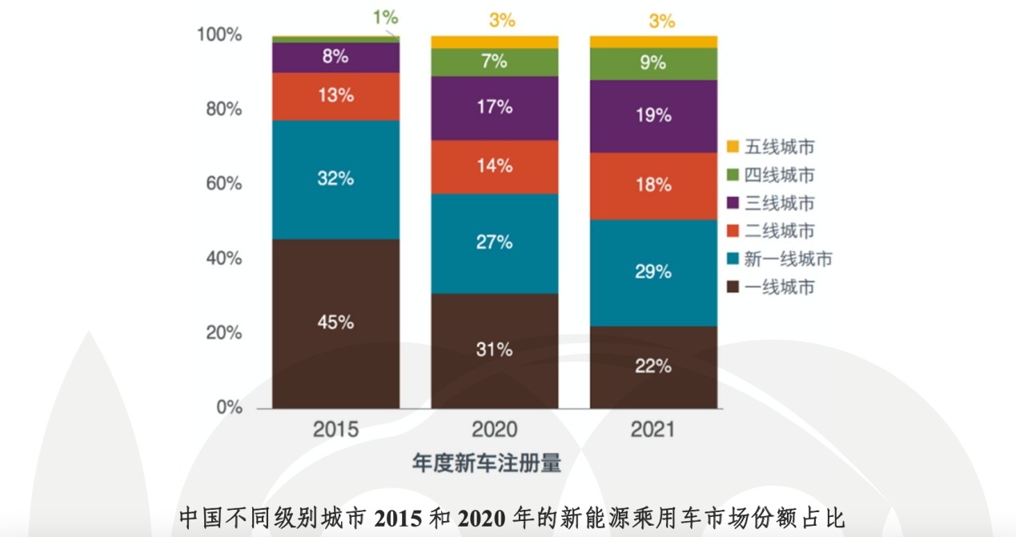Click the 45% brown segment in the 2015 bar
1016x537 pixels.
click(x=335, y=323)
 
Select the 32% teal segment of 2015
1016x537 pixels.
click(x=335, y=179)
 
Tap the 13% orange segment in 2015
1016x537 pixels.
click(x=335, y=96)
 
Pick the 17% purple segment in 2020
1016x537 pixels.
click(x=495, y=108)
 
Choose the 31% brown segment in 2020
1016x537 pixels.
click(x=495, y=351)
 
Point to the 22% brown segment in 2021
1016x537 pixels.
click(x=653, y=367)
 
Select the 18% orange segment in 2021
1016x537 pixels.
click(x=653, y=186)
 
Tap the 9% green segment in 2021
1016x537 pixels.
click(x=653, y=62)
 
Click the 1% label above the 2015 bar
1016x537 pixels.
click(x=384, y=17)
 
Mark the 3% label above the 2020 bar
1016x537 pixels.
click(x=502, y=20)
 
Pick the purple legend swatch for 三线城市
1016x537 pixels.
click(x=733, y=203)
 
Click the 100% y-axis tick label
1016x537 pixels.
click(x=219, y=35)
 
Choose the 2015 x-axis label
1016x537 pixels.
click(x=335, y=430)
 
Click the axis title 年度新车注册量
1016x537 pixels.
click(x=486, y=463)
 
